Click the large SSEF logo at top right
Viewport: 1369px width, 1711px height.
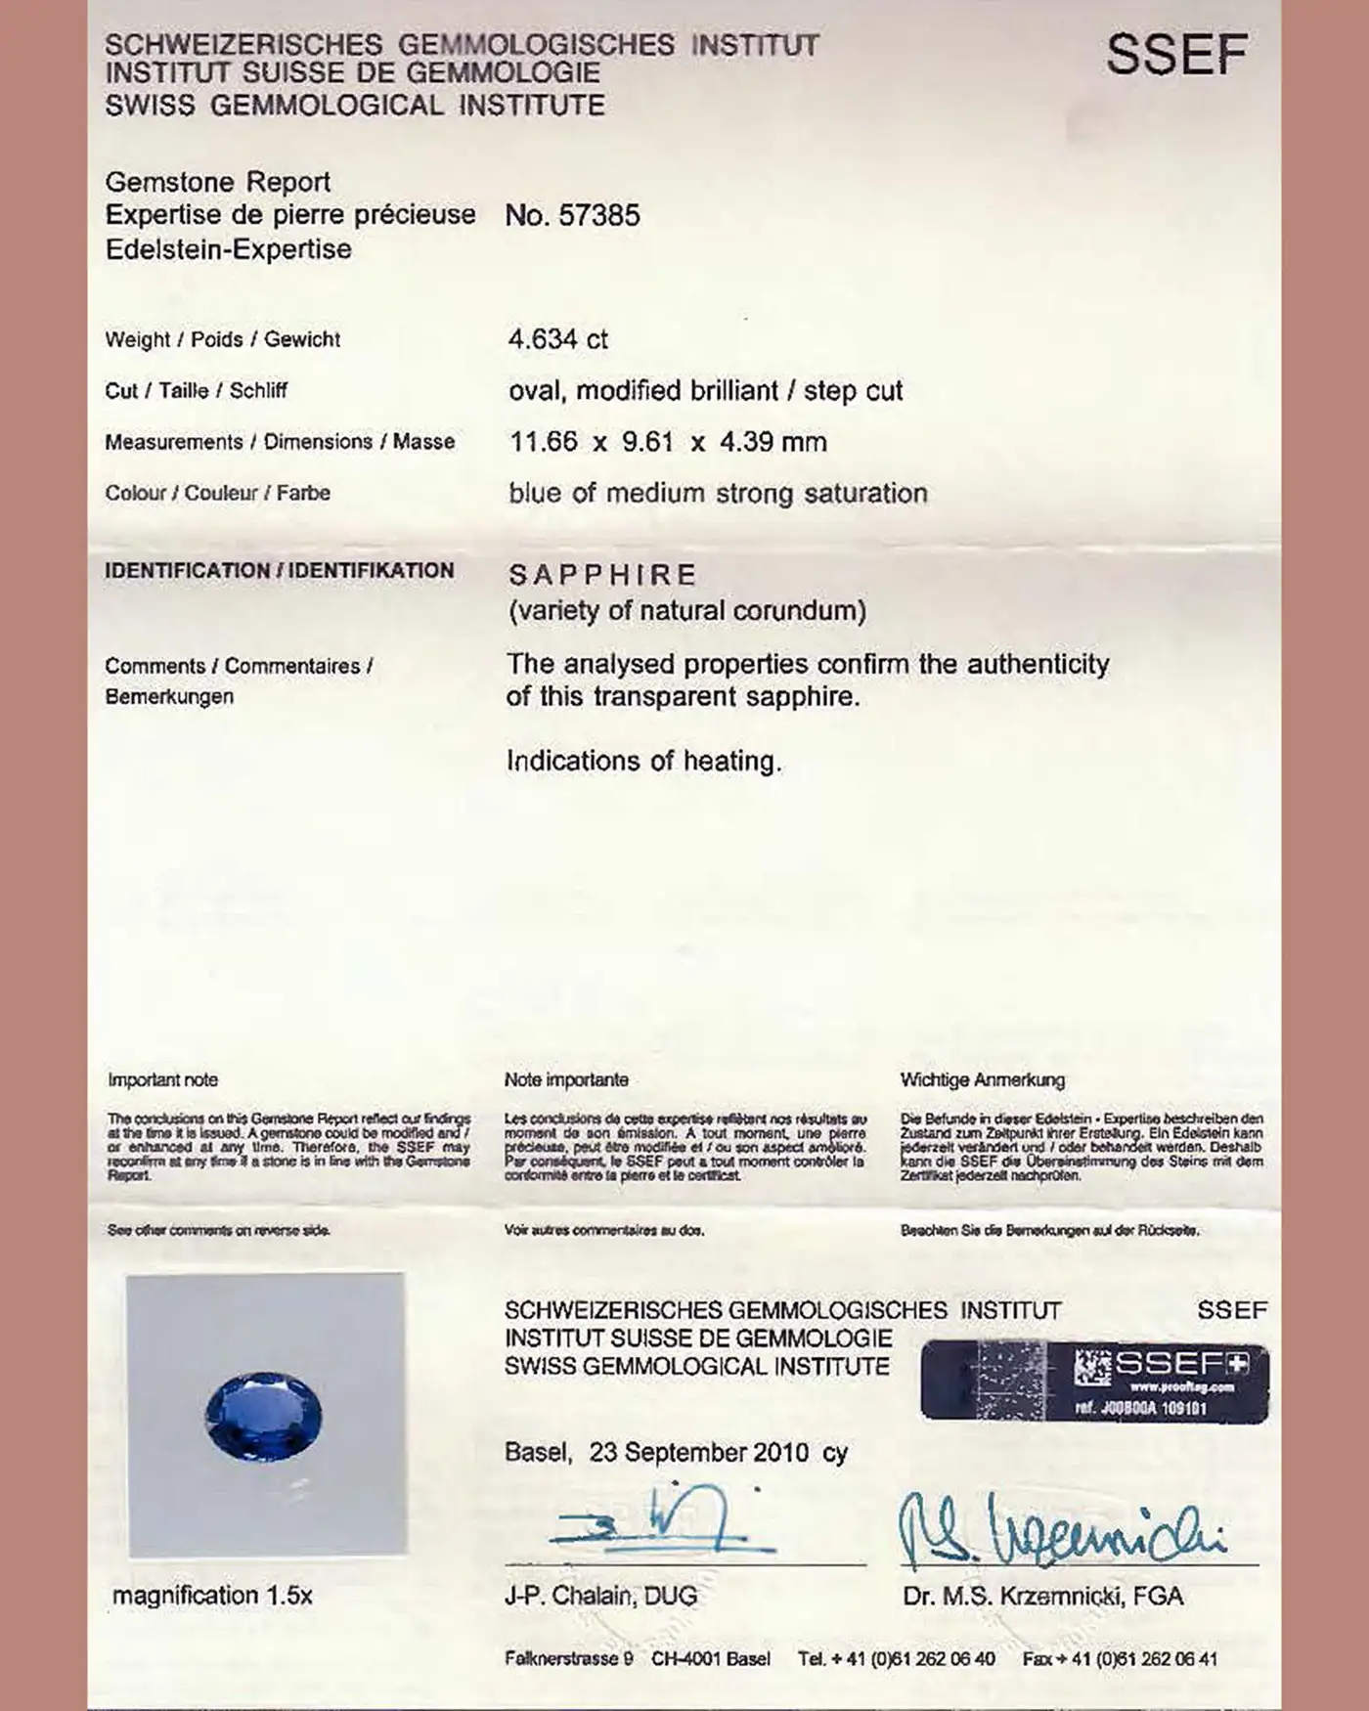[x=1176, y=55]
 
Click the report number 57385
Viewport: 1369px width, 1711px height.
[x=598, y=215]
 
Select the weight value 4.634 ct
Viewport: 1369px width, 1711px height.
[x=557, y=339]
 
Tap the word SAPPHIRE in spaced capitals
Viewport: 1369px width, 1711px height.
[x=602, y=575]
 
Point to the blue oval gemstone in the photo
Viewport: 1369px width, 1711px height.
[x=263, y=1416]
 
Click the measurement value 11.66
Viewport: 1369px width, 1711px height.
[x=544, y=442]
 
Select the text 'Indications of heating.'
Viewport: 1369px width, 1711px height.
[x=643, y=761]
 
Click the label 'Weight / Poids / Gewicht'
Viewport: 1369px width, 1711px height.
[x=223, y=339]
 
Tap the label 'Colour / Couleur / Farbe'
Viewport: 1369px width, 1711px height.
[x=217, y=493]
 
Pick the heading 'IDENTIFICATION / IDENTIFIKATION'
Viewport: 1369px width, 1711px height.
[x=280, y=570]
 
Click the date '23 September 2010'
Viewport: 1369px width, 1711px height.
[x=698, y=1452]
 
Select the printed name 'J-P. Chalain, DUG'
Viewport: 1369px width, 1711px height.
[x=600, y=1597]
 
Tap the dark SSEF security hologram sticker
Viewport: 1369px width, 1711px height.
[x=1094, y=1381]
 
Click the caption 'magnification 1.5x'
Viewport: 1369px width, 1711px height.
[x=212, y=1596]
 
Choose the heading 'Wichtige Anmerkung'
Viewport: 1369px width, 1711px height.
[x=982, y=1079]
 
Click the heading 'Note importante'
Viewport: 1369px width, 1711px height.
[x=566, y=1079]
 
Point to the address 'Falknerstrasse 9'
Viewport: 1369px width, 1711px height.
[x=568, y=1658]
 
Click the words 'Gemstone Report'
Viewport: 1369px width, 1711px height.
[x=217, y=182]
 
